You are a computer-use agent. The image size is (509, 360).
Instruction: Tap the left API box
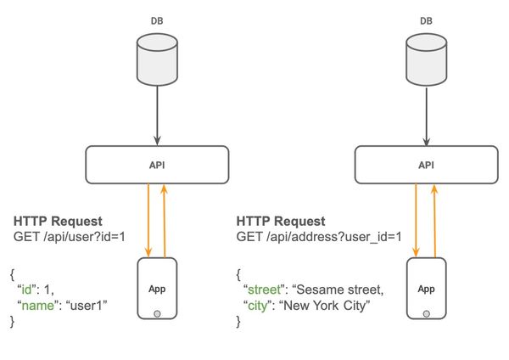point(157,165)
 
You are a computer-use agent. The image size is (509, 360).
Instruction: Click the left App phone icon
point(157,288)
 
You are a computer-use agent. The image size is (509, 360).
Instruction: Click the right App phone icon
point(425,288)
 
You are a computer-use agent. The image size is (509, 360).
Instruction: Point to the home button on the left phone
point(157,312)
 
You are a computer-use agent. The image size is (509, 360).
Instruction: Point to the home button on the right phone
point(425,312)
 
